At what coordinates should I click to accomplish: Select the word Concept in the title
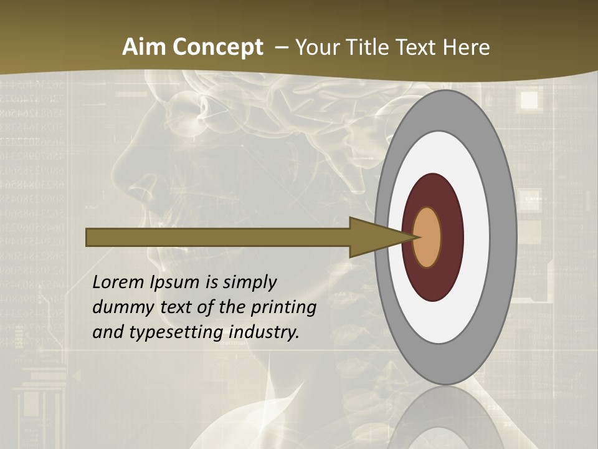pos(217,48)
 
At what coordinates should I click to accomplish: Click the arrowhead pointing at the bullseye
pos(374,237)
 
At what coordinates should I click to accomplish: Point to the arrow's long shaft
pos(218,237)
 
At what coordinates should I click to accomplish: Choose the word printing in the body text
pos(283,308)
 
